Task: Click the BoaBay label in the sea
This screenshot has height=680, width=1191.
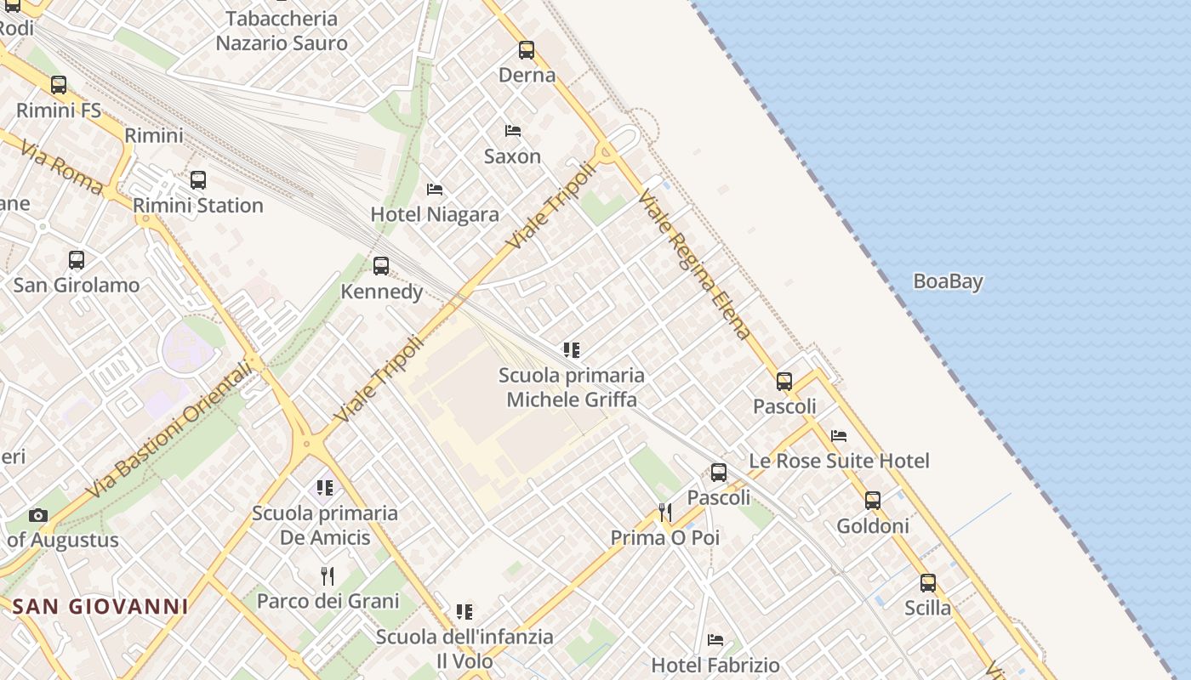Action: click(948, 281)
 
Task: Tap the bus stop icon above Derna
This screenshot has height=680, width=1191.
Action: click(527, 50)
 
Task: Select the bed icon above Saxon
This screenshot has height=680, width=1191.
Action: click(513, 131)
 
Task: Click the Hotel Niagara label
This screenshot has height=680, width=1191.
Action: click(435, 214)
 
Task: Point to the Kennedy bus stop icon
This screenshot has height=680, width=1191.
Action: click(381, 266)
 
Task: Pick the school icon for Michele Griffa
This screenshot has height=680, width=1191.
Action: click(572, 349)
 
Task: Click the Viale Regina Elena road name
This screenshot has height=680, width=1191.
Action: click(694, 265)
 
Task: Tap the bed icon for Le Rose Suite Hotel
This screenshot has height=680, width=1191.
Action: click(839, 436)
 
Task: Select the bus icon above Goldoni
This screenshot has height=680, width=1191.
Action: click(873, 501)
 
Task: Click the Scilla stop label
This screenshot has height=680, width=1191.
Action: click(927, 608)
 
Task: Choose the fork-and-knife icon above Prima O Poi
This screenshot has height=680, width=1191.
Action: click(665, 512)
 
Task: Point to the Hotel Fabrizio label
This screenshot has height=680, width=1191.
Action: click(715, 665)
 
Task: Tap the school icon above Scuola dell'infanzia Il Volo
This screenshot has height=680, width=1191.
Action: click(464, 612)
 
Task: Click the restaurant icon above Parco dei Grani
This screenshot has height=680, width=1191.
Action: click(328, 575)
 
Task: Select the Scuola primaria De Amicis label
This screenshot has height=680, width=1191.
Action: click(325, 525)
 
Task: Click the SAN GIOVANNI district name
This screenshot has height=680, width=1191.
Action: click(100, 606)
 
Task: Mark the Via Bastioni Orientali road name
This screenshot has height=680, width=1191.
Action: click(170, 429)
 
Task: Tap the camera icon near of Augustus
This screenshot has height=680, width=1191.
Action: click(37, 515)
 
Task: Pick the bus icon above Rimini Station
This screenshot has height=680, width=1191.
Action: click(198, 180)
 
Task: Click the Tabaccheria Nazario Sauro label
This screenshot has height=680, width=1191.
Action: click(282, 31)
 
